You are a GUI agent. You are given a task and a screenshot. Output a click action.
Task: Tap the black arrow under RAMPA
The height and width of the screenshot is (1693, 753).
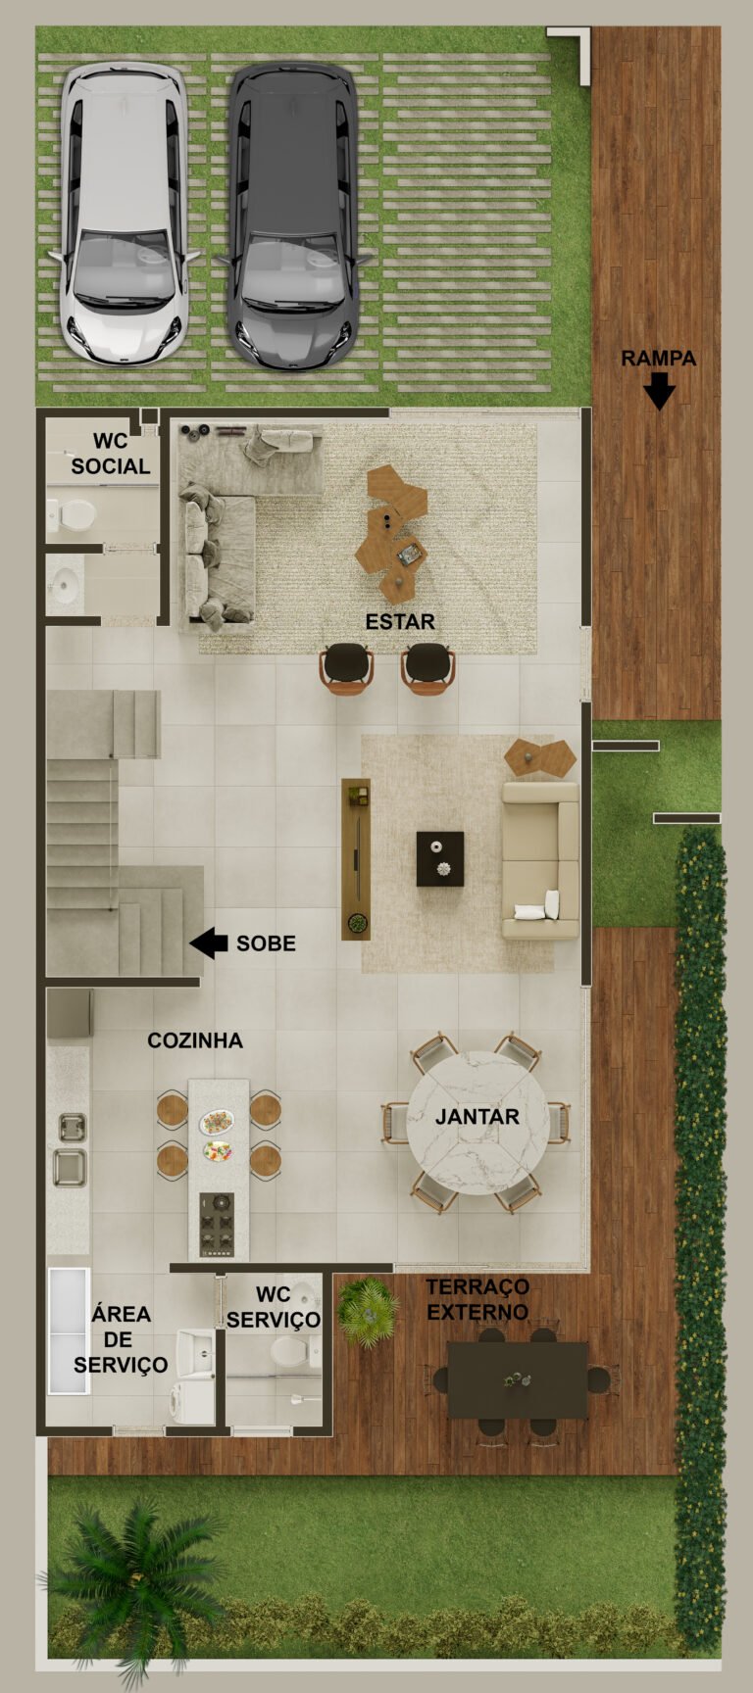[x=659, y=393]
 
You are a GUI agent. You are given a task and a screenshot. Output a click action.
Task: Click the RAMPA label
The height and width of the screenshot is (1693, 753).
[x=659, y=359]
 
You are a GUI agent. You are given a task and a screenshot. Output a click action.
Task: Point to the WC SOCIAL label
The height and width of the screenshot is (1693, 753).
[x=111, y=455]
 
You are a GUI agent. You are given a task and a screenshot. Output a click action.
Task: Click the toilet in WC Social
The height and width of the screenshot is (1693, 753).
[x=70, y=515]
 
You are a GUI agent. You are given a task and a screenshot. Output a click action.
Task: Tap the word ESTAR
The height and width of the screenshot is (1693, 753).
[x=400, y=621]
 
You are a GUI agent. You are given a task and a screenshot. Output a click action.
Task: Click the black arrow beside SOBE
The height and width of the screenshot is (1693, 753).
[x=209, y=943]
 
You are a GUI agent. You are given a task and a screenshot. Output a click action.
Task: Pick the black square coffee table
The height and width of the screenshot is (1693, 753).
[x=440, y=858]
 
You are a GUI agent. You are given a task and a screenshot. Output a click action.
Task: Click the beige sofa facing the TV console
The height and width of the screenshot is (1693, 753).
[x=540, y=860]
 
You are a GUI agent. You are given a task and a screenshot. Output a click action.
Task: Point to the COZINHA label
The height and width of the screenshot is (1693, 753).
[x=195, y=1040]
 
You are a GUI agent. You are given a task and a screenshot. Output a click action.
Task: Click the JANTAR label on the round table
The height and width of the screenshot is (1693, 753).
[x=477, y=1117]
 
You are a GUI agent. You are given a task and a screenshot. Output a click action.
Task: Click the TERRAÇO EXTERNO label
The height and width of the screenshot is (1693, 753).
[x=477, y=1299]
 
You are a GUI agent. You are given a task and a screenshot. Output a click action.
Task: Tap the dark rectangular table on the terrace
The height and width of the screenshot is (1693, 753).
[x=518, y=1379]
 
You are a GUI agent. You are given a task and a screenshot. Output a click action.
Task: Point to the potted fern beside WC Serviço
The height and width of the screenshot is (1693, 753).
[x=368, y=1311]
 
